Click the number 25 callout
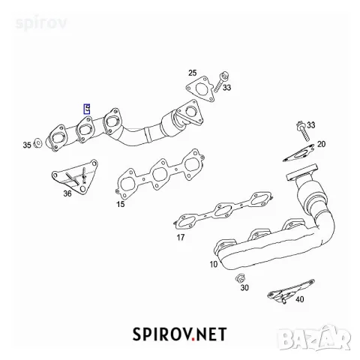click(x=193, y=73)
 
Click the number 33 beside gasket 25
click(x=227, y=88)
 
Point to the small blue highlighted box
click(x=87, y=109)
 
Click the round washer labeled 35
click(x=37, y=143)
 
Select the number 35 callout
click(x=27, y=145)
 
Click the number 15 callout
click(x=121, y=204)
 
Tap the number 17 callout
click(x=181, y=237)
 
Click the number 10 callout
click(x=214, y=264)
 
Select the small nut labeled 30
click(x=240, y=278)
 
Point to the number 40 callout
click(x=300, y=299)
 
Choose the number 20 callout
click(x=322, y=144)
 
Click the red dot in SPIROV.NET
click(x=193, y=339)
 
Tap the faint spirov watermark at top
click(x=41, y=24)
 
